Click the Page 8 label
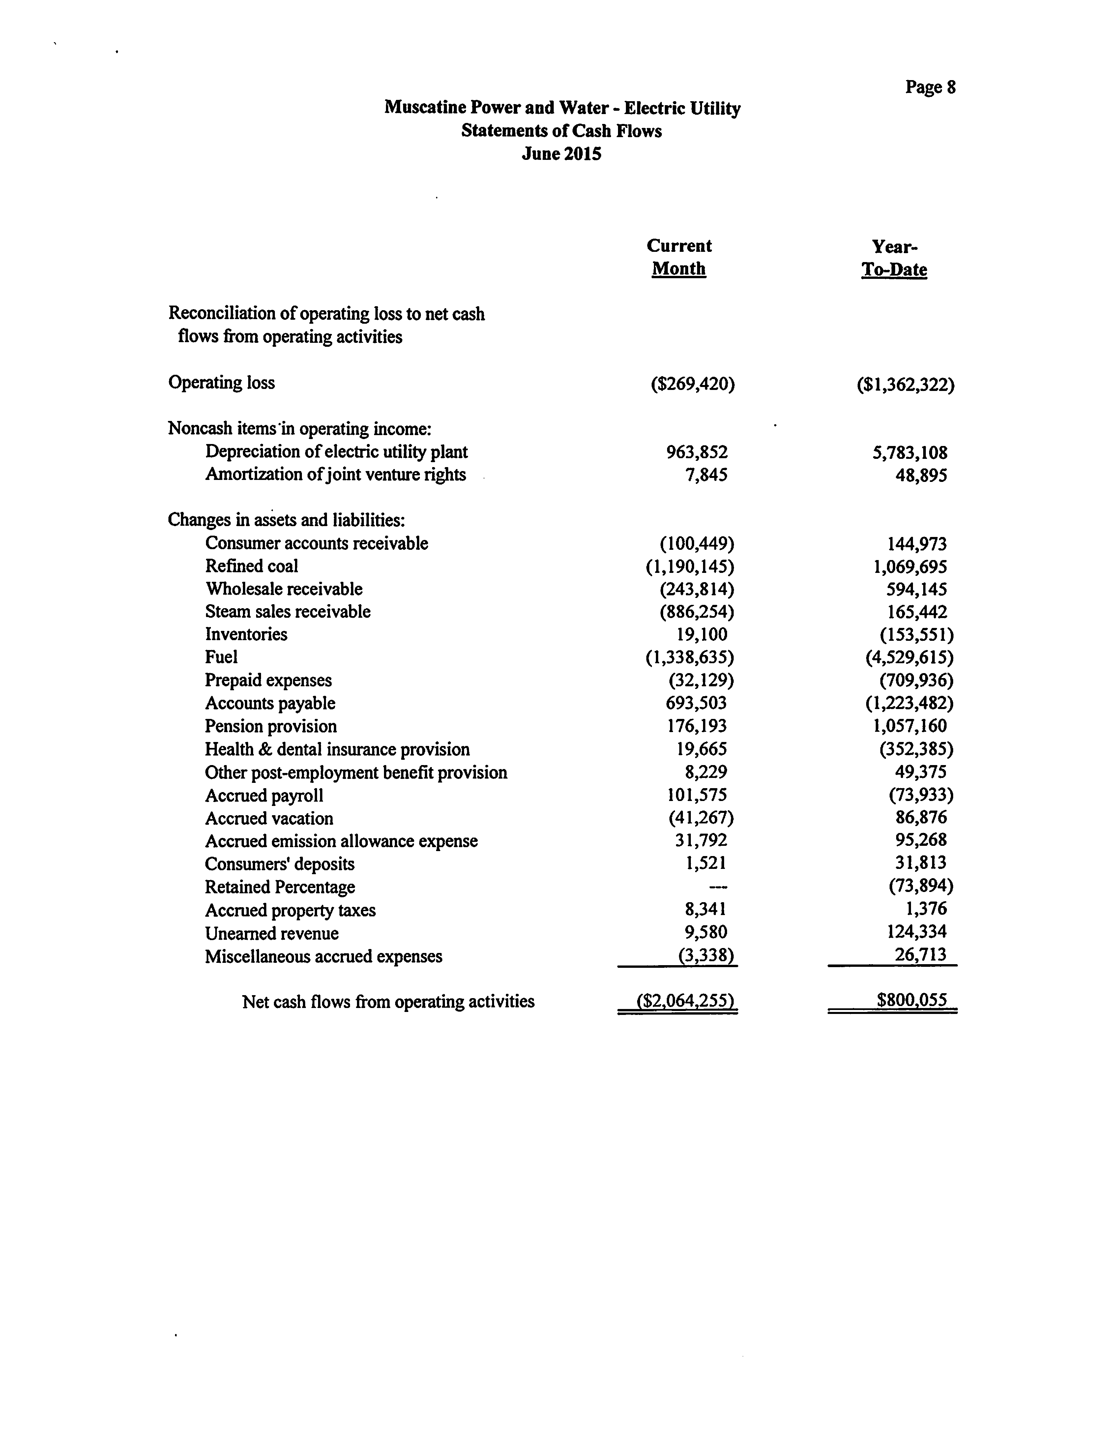(x=930, y=87)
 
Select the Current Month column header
(x=679, y=257)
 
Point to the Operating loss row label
(x=221, y=383)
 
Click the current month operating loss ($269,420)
(x=693, y=384)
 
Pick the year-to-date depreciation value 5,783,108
(x=910, y=453)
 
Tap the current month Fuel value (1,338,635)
(x=690, y=657)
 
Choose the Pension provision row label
(x=270, y=726)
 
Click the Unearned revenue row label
(x=272, y=934)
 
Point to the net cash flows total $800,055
(x=911, y=1000)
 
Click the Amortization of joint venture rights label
(x=336, y=474)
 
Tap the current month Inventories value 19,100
(x=701, y=635)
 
